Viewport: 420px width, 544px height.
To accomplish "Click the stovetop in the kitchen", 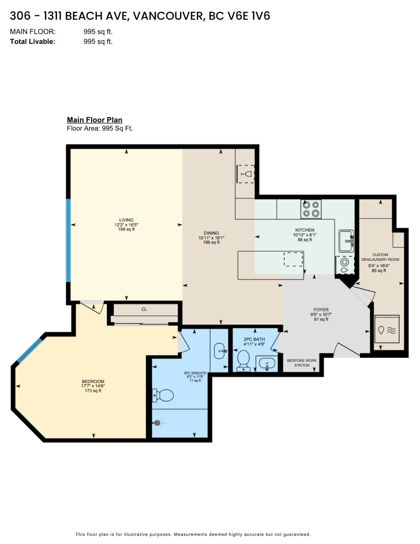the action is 311,209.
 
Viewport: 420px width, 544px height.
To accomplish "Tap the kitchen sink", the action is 346,241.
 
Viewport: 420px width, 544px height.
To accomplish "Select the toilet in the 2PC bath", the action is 243,361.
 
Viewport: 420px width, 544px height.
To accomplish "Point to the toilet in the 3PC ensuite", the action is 163,395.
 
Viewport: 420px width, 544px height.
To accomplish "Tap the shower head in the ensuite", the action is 157,423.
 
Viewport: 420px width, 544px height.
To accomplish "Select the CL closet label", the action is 144,309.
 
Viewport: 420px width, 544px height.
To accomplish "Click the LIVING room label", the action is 126,220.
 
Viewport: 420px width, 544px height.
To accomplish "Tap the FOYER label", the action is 321,310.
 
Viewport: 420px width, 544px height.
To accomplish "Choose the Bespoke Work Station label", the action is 302,363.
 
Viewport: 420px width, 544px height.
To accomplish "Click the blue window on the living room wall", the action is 68,240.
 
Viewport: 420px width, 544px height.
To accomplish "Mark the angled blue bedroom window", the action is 30,351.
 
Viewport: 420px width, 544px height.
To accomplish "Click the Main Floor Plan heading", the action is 94,120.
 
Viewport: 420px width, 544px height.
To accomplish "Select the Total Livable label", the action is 33,41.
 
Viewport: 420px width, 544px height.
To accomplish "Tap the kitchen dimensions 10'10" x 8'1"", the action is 305,235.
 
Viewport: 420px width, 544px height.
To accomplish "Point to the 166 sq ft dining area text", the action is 211,242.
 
